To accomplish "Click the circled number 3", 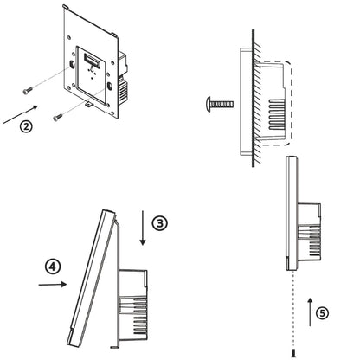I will coord(160,222).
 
